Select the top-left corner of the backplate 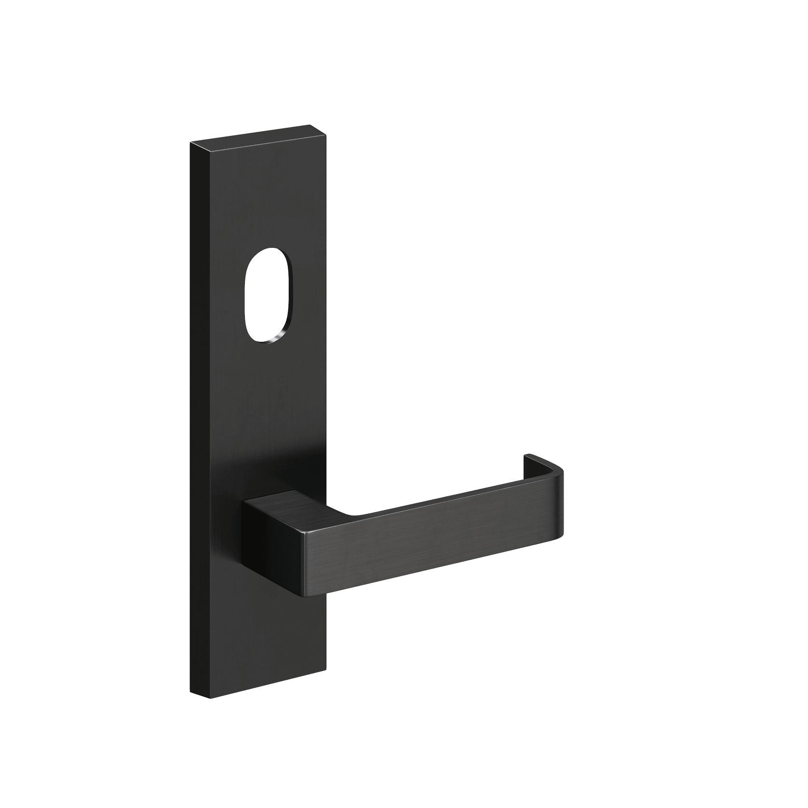(191, 143)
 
